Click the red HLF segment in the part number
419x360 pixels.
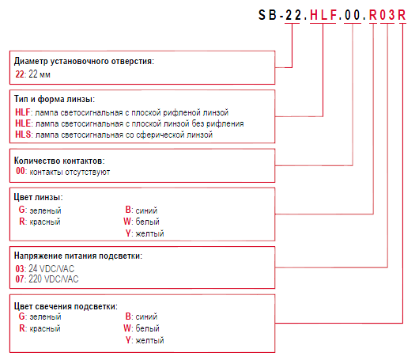pyautogui.click(x=323, y=15)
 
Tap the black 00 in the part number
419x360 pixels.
pyautogui.click(x=353, y=15)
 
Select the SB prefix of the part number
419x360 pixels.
pyautogui.click(x=267, y=15)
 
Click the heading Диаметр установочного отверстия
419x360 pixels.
pyautogui.click(x=84, y=61)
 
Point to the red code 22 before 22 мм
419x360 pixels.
pyautogui.click(x=20, y=74)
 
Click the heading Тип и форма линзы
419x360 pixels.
pyautogui.click(x=55, y=99)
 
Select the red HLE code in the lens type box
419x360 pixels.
pyautogui.click(x=23, y=123)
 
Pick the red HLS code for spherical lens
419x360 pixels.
pyautogui.click(x=23, y=135)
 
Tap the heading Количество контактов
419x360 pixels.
pyautogui.click(x=59, y=161)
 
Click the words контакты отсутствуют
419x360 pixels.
pyautogui.click(x=70, y=172)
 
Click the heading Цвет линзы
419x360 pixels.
pyautogui.click(x=38, y=197)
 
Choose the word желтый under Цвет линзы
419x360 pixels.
pyautogui.click(x=149, y=233)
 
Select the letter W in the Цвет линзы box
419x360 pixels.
pyautogui.click(x=127, y=222)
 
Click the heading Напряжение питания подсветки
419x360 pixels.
pyautogui.click(x=78, y=256)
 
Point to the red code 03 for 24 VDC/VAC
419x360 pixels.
pyautogui.click(x=20, y=268)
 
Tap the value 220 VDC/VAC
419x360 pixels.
pyautogui.click(x=54, y=279)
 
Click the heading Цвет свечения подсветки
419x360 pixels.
pyautogui.click(x=66, y=306)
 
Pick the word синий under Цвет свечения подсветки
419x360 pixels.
pyautogui.click(x=146, y=316)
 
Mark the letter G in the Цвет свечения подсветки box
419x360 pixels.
pyautogui.click(x=21, y=316)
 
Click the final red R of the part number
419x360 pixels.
pyautogui.click(x=402, y=15)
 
